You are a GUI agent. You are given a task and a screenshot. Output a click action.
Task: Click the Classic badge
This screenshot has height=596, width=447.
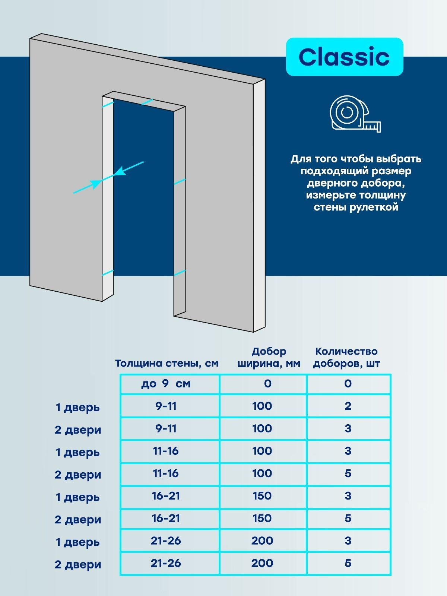pyautogui.click(x=344, y=57)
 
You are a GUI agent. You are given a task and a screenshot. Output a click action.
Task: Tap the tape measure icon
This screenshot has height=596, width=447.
pyautogui.click(x=355, y=114)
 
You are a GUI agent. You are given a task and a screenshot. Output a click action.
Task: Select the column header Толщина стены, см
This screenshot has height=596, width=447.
pyautogui.click(x=167, y=364)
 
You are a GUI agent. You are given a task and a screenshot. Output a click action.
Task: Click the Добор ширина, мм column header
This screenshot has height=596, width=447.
pyautogui.click(x=269, y=358)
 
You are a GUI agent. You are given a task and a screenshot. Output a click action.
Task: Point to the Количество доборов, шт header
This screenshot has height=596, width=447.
pyautogui.click(x=346, y=358)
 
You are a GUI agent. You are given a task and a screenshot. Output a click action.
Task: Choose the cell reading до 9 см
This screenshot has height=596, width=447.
pyautogui.click(x=166, y=384)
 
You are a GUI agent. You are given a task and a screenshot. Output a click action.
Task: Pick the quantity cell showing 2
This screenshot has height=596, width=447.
pyautogui.click(x=348, y=406)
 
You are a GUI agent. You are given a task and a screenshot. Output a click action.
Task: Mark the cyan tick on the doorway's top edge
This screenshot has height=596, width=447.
pyautogui.click(x=147, y=102)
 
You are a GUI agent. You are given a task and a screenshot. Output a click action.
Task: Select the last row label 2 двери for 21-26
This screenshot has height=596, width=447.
pyautogui.click(x=78, y=564)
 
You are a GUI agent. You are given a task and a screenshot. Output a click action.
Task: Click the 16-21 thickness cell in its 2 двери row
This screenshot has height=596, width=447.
pyautogui.click(x=166, y=518)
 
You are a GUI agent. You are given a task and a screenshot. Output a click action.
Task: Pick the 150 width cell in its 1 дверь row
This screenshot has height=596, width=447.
pyautogui.click(x=262, y=496)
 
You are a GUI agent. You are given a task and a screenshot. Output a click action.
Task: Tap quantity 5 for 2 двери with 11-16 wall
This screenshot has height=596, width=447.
pyautogui.click(x=348, y=473)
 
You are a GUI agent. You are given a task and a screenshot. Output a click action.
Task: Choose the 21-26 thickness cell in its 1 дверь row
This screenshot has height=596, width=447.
pyautogui.click(x=166, y=540)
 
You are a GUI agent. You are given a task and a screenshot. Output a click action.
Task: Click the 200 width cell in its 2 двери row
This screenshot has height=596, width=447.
pyautogui.click(x=262, y=563)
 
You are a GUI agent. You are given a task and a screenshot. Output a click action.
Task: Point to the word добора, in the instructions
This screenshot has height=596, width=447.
pyautogui.click(x=382, y=183)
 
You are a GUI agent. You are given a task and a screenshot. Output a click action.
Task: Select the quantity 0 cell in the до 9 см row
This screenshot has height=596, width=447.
pyautogui.click(x=348, y=384)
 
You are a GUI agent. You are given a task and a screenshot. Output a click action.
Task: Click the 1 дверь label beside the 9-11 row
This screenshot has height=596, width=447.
pyautogui.click(x=77, y=408)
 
